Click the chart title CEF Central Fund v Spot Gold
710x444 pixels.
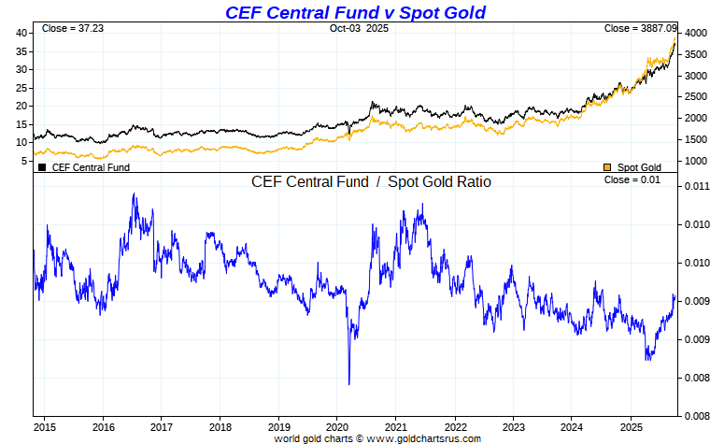click(x=355, y=12)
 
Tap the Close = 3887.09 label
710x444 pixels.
click(x=639, y=29)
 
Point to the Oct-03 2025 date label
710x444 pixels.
click(x=359, y=29)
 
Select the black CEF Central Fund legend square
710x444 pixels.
click(x=42, y=167)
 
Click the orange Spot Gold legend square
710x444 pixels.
click(x=607, y=167)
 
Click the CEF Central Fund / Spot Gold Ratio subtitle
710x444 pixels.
click(x=371, y=182)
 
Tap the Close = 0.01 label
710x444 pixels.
click(x=632, y=179)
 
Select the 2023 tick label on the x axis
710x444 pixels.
click(x=513, y=426)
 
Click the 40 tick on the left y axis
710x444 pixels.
click(x=21, y=33)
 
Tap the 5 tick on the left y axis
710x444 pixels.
click(x=24, y=161)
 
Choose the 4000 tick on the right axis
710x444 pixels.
click(x=694, y=33)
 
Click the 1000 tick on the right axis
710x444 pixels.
click(x=694, y=161)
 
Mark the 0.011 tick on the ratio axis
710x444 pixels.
click(x=694, y=186)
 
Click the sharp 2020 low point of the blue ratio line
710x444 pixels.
click(x=348, y=383)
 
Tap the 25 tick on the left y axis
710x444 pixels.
click(x=21, y=88)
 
